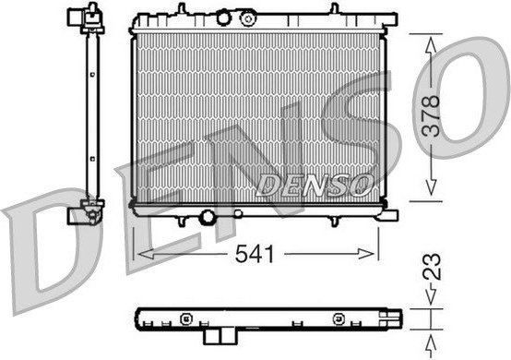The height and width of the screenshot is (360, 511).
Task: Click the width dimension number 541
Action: (x=255, y=254)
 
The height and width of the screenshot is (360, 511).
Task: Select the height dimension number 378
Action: (x=431, y=115)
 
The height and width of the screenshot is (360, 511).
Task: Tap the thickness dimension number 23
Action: (x=432, y=267)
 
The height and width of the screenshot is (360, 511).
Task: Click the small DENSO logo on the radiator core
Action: (x=315, y=186)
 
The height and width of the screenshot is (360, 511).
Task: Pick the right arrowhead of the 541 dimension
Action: (x=365, y=254)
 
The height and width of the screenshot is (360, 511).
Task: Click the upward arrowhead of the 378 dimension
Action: (x=431, y=45)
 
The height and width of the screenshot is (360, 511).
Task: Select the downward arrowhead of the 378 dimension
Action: (x=431, y=186)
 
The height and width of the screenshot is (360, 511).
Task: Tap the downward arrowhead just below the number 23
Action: (x=431, y=295)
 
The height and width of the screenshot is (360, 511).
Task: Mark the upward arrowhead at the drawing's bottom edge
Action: (x=431, y=345)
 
